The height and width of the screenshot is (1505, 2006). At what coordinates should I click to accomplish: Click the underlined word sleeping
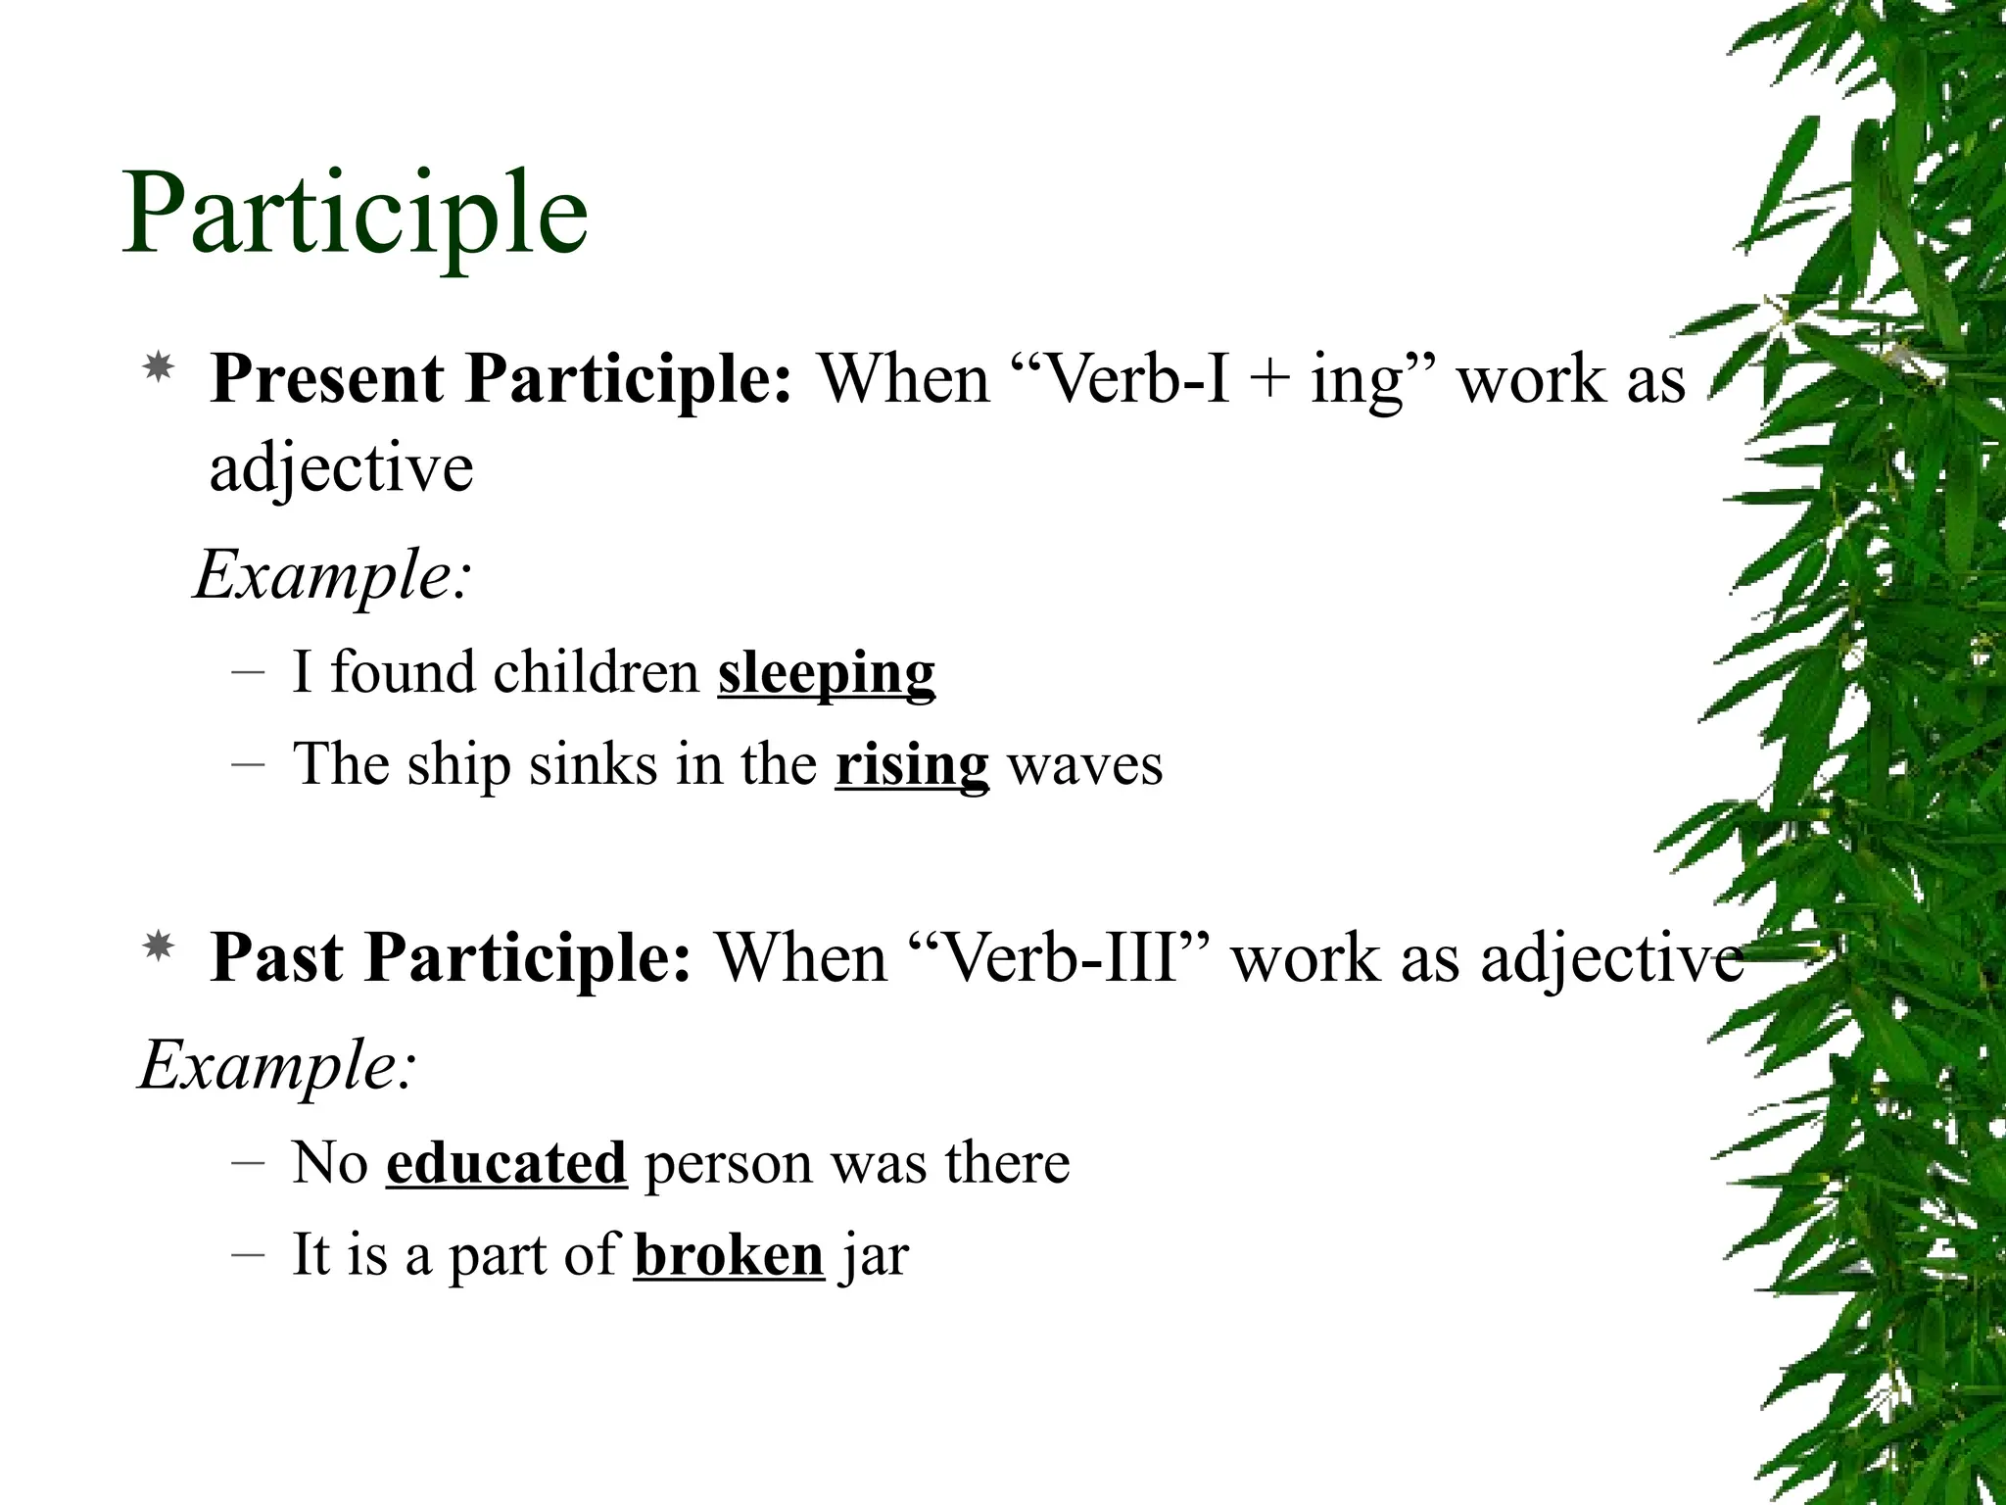click(x=826, y=674)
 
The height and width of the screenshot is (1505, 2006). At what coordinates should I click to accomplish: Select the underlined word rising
click(x=912, y=765)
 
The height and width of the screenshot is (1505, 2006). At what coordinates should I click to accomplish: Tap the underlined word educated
click(x=505, y=1163)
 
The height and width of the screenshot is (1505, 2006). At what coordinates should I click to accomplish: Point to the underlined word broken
click(x=729, y=1255)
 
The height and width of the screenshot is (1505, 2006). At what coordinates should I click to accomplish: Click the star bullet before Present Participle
click(x=158, y=369)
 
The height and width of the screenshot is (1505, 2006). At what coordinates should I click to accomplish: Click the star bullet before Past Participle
click(x=158, y=947)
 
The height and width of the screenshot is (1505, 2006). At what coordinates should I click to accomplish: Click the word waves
click(x=1085, y=765)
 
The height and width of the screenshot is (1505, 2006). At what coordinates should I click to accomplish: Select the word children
click(x=596, y=674)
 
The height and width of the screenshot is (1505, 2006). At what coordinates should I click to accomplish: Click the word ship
click(x=458, y=765)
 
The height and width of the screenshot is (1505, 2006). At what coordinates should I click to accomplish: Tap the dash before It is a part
click(x=249, y=1255)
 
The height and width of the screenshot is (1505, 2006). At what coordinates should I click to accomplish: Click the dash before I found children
click(x=249, y=674)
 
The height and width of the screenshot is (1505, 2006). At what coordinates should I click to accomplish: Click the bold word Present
click(x=327, y=380)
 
